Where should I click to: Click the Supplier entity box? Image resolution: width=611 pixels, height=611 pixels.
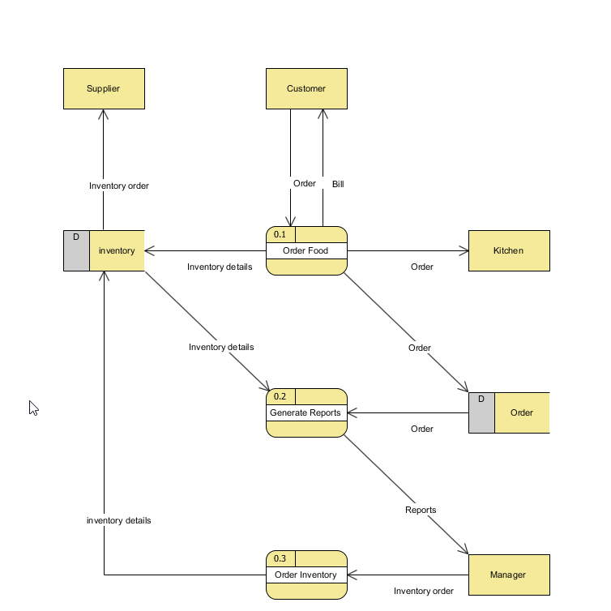104,88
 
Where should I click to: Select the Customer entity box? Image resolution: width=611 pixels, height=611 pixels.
306,88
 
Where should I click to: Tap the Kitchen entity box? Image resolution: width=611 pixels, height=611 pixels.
509,250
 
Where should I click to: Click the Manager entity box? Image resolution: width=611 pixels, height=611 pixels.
509,575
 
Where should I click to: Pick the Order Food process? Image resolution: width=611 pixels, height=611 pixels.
306,251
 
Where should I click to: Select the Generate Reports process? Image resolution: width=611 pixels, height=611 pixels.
306,413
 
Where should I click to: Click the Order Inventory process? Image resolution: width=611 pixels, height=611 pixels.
306,575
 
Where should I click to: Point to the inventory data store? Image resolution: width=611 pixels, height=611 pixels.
117,250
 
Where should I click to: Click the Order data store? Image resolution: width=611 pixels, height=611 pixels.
522,412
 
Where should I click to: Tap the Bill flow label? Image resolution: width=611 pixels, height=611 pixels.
338,184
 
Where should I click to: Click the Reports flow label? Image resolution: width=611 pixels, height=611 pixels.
421,510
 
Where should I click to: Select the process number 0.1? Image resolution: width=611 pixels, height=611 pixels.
280,234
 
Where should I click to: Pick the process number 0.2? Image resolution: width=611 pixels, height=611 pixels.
280,396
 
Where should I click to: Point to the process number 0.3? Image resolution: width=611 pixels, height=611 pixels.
280,558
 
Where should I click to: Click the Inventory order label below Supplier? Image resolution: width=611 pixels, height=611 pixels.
119,186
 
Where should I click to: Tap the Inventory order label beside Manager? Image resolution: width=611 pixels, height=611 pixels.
424,591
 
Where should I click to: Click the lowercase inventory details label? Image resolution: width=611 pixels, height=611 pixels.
119,520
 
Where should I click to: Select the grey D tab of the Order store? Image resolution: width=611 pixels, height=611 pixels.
481,412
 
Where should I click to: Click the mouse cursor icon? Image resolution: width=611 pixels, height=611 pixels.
33,408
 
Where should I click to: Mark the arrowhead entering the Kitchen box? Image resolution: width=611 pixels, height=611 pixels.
464,250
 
